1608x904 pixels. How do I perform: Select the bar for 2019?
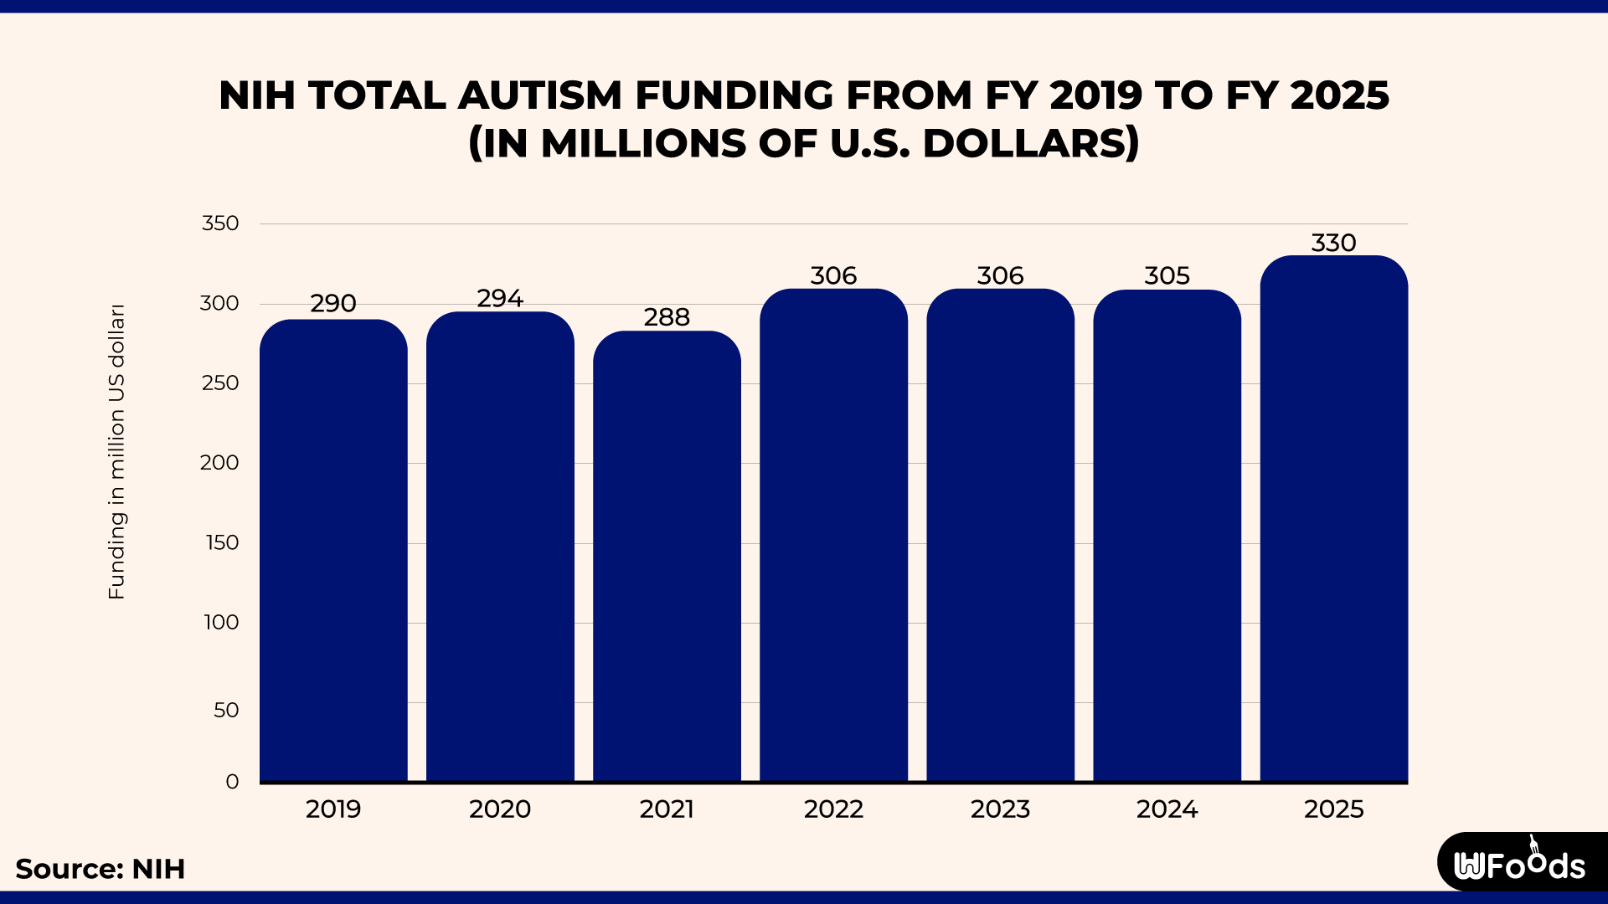click(x=333, y=552)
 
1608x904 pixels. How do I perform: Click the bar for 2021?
click(x=667, y=557)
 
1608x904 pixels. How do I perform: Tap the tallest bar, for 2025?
click(x=1333, y=519)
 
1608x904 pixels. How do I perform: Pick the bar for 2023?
click(x=1000, y=536)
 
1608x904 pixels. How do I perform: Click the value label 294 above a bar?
click(x=500, y=299)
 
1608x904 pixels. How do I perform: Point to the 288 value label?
click(x=667, y=317)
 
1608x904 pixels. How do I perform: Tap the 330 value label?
click(x=1333, y=243)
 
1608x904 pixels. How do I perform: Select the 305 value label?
click(x=1167, y=276)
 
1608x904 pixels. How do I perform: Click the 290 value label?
click(x=333, y=304)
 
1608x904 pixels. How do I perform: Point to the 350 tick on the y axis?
click(x=220, y=223)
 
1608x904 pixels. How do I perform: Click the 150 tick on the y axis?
click(x=222, y=542)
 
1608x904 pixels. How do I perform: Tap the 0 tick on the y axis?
click(x=232, y=782)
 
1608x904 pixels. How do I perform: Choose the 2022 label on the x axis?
click(x=833, y=809)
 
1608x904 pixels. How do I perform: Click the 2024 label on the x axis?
click(x=1167, y=809)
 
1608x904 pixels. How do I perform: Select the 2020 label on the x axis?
click(x=500, y=809)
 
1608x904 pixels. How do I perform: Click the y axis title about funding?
click(x=116, y=452)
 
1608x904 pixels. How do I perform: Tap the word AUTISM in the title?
click(x=539, y=95)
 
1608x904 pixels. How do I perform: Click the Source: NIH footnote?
click(x=100, y=869)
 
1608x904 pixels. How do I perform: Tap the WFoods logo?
click(x=1520, y=864)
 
